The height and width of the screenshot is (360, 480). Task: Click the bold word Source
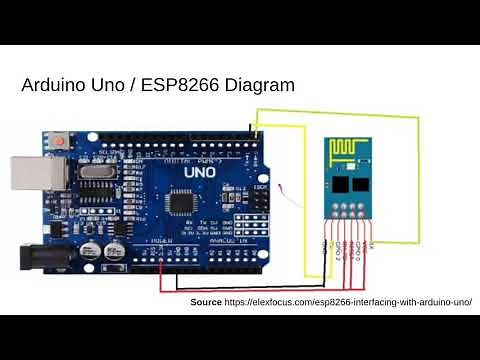point(206,301)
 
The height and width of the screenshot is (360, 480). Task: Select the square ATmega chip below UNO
point(183,202)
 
